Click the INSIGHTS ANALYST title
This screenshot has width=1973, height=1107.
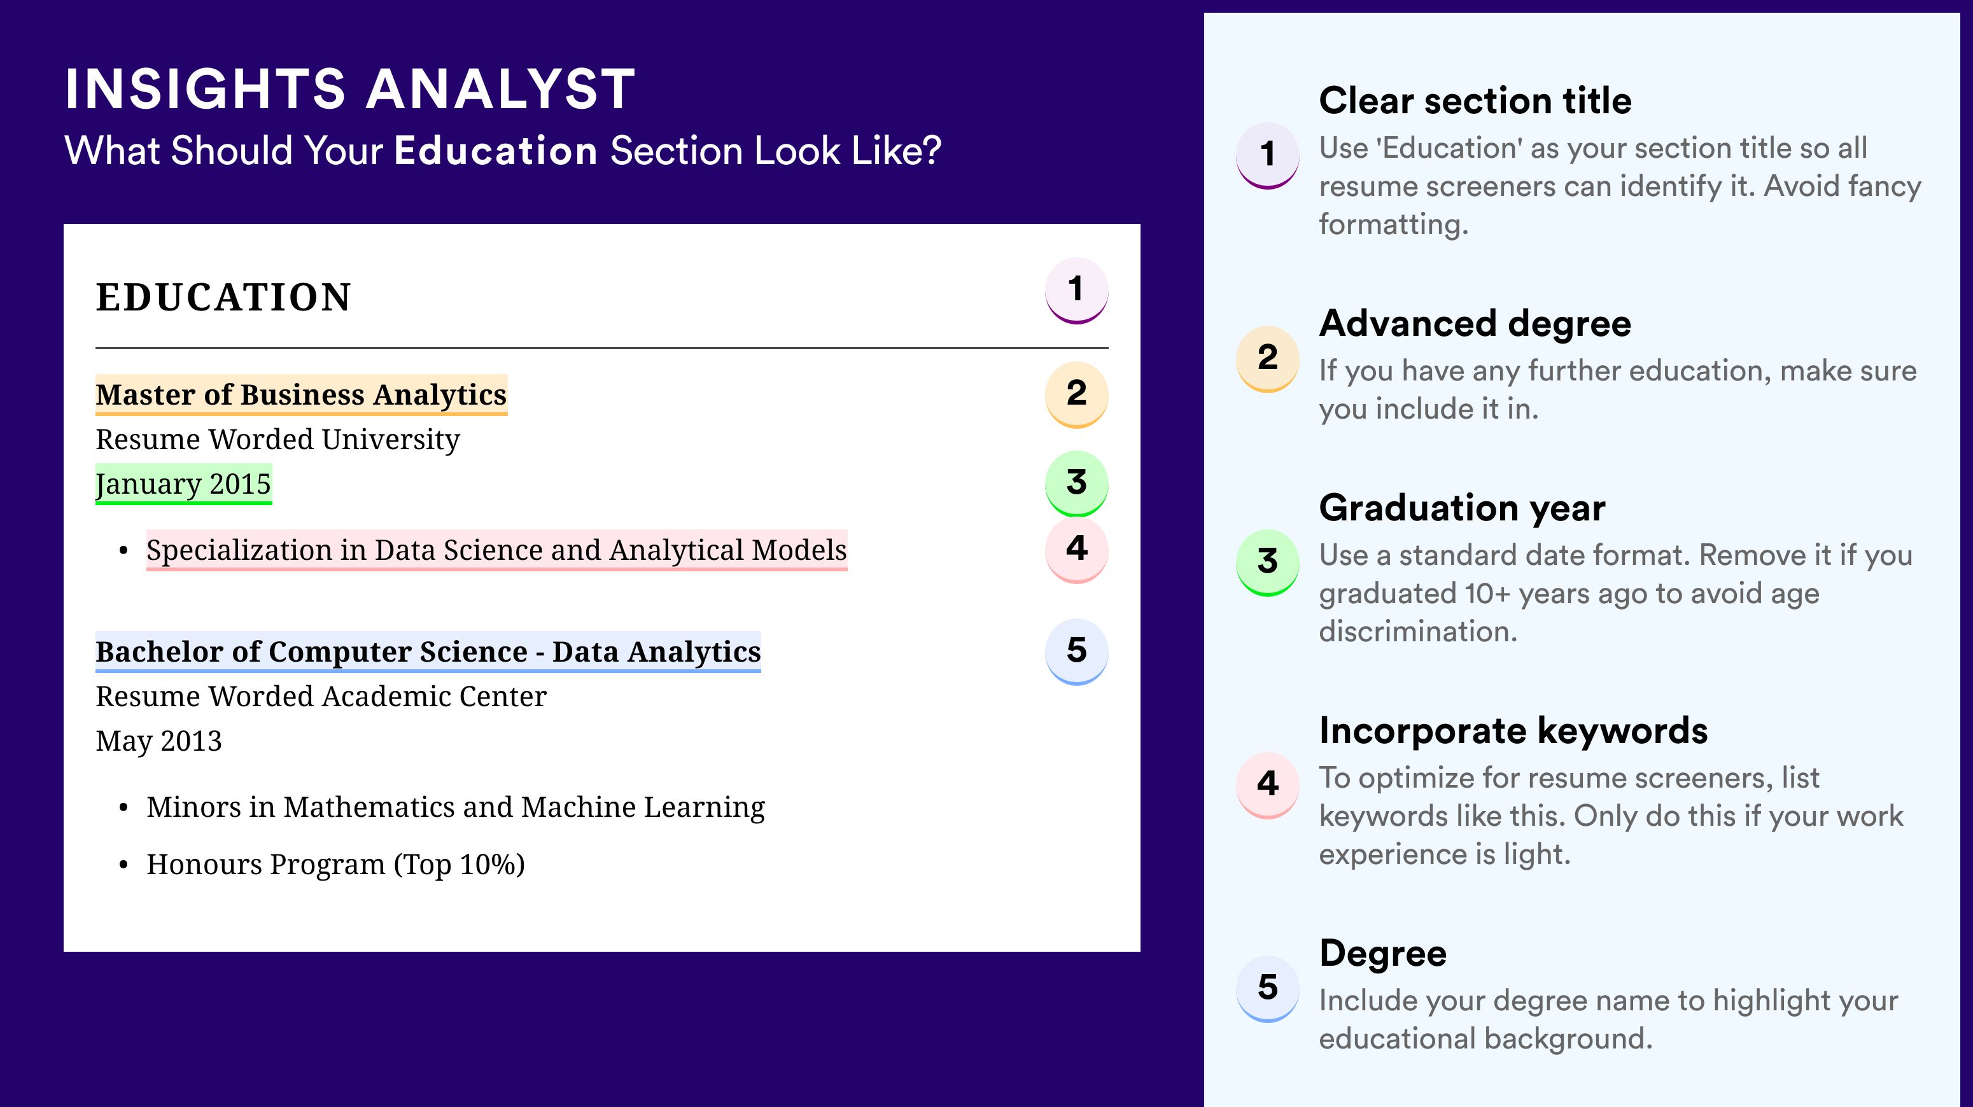click(x=350, y=89)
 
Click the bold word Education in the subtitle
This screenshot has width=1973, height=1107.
click(x=496, y=150)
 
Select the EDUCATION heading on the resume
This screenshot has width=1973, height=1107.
click(x=223, y=297)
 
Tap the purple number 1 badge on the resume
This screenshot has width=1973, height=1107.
click(x=1076, y=290)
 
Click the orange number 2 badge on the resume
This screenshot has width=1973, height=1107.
click(x=1076, y=394)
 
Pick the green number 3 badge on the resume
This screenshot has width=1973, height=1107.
click(x=1076, y=483)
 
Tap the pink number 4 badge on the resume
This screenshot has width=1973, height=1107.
click(x=1076, y=549)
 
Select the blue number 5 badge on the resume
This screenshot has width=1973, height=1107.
click(x=1076, y=651)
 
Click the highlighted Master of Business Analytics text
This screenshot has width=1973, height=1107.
click(x=301, y=395)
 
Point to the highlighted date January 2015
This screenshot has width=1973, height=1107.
click(x=183, y=484)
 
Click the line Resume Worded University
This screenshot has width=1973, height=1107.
click(x=277, y=440)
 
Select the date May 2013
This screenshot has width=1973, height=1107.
click(x=158, y=741)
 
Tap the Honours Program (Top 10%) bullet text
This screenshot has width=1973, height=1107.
click(x=335, y=865)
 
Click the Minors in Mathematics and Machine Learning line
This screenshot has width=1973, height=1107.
click(x=456, y=807)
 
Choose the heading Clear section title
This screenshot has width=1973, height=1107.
click(x=1475, y=101)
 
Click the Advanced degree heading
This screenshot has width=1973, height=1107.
click(x=1475, y=324)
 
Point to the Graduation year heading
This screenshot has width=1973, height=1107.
click(x=1462, y=508)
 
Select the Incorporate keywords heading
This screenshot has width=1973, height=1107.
click(x=1513, y=730)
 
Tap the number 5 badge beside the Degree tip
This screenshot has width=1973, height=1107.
click(x=1268, y=988)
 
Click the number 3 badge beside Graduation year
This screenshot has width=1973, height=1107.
click(x=1268, y=562)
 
